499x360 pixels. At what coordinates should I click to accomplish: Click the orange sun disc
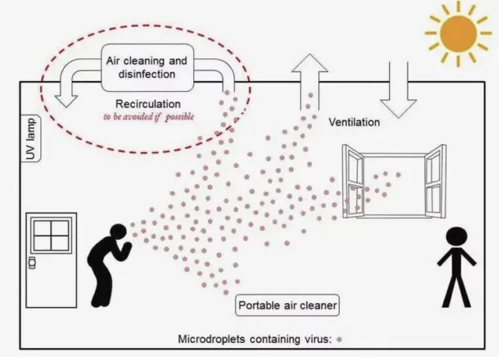click(x=458, y=34)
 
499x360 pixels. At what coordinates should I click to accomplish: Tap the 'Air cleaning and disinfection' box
click(x=147, y=68)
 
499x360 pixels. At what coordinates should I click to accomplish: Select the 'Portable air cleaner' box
click(x=288, y=305)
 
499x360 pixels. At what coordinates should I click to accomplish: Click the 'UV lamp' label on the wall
click(x=31, y=139)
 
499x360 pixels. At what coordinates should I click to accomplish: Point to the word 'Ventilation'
click(x=354, y=122)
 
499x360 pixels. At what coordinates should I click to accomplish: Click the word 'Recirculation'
click(x=148, y=104)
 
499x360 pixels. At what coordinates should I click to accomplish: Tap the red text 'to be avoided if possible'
click(x=149, y=117)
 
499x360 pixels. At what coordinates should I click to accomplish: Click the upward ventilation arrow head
click(x=310, y=63)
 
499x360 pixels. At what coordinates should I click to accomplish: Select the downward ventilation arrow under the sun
click(x=398, y=90)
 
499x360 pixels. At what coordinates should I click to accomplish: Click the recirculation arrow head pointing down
click(x=66, y=101)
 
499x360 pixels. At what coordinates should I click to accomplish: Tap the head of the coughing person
click(x=118, y=232)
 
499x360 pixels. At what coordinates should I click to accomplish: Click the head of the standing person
click(x=457, y=237)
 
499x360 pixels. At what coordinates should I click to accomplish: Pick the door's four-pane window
click(x=51, y=235)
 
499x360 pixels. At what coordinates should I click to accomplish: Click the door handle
click(x=32, y=263)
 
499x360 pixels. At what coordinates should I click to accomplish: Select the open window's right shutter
click(x=435, y=181)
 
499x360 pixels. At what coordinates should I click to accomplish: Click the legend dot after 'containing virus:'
click(x=339, y=339)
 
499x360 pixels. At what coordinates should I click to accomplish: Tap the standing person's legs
click(x=457, y=291)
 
